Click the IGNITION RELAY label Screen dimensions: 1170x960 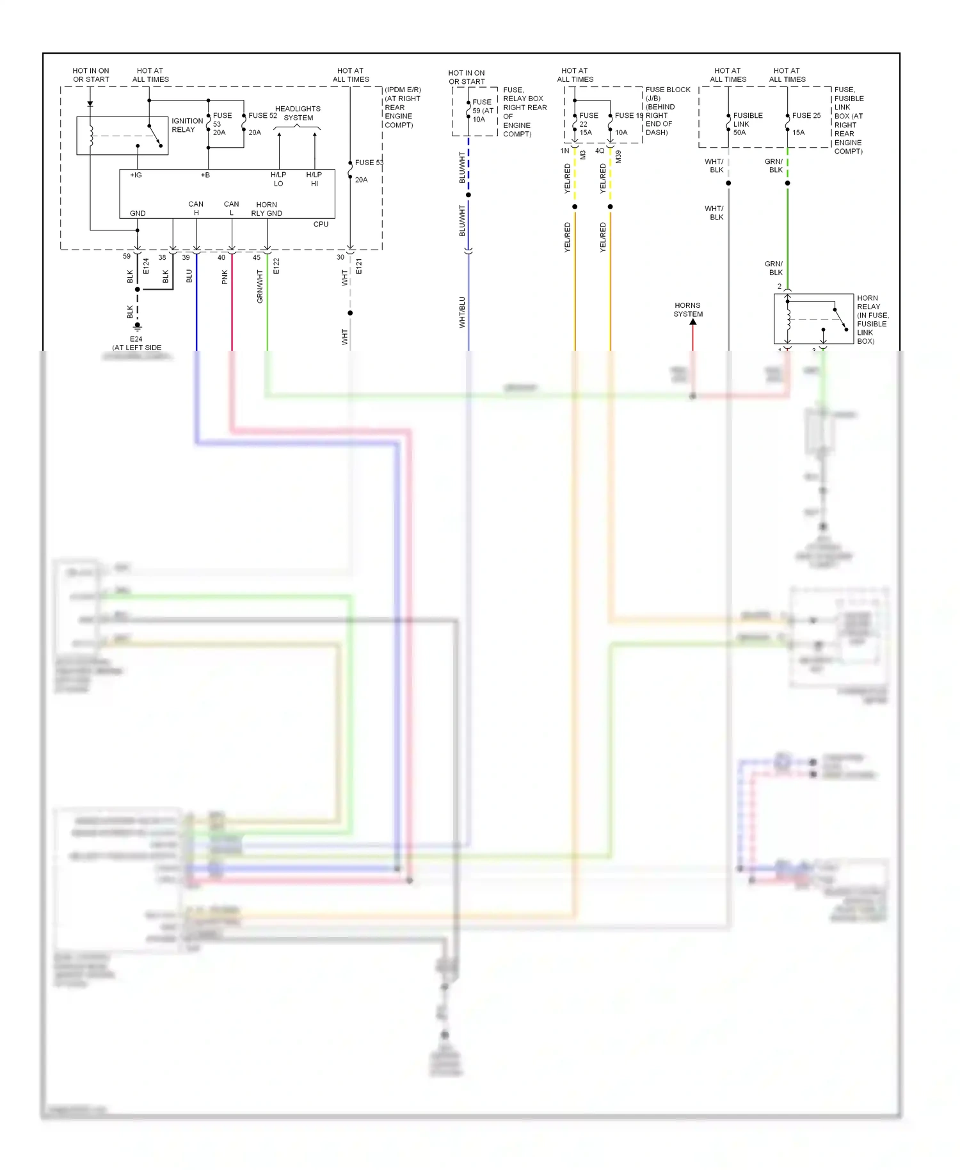point(187,125)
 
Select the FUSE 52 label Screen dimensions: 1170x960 point(262,116)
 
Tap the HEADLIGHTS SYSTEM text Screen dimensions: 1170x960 point(298,113)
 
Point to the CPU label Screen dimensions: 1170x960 point(321,224)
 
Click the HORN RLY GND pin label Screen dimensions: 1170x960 point(266,209)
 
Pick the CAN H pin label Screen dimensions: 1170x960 point(196,208)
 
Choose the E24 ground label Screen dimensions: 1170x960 point(136,339)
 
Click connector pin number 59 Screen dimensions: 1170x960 point(127,256)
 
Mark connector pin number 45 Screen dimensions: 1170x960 point(256,257)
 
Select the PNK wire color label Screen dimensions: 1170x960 point(225,277)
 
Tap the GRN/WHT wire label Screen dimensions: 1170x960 point(260,286)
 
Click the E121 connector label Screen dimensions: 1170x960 point(359,266)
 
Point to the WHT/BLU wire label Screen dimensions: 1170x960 point(462,312)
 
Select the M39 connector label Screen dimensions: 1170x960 point(618,157)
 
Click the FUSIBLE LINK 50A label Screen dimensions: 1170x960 point(747,124)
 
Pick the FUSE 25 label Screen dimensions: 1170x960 point(806,116)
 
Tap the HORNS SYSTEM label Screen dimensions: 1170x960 point(688,310)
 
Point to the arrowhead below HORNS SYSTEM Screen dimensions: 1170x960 point(692,322)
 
